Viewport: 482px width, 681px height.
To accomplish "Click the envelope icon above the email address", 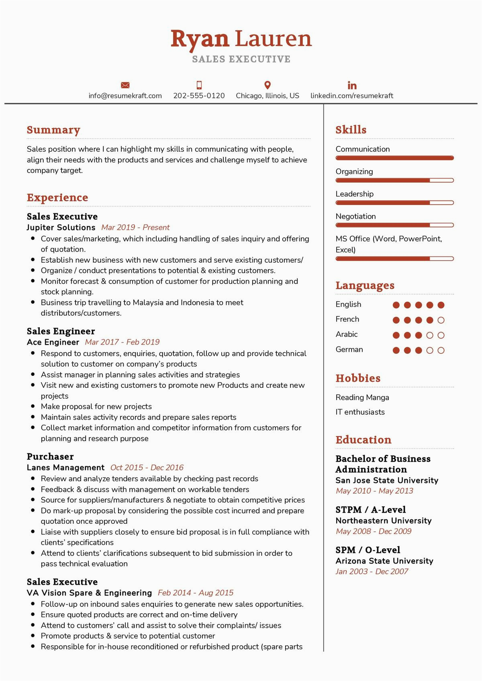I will pos(125,85).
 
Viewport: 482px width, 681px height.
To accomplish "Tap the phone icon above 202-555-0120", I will pos(199,85).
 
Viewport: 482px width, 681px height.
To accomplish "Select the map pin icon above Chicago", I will pos(268,85).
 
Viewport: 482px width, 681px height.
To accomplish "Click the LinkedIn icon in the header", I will pos(352,85).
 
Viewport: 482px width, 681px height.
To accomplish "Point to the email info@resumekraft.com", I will pos(125,96).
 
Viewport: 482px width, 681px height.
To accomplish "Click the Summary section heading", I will pos(53,130).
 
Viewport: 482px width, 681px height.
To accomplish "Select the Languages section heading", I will pos(365,286).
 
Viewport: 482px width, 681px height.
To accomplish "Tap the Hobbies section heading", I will pos(357,378).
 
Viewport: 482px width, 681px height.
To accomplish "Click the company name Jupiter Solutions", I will pos(61,227).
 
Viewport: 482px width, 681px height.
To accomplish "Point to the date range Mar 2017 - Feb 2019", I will pos(122,342).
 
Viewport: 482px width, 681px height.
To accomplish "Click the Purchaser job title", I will pos(50,456).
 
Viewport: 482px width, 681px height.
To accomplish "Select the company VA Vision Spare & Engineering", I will pos(89,593).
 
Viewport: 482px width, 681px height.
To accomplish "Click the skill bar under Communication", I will pos(394,158).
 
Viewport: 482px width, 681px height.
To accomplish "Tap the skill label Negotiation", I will pos(355,217).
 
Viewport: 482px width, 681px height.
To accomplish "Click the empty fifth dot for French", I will pos(441,320).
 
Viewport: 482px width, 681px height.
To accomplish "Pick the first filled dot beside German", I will pos(396,351).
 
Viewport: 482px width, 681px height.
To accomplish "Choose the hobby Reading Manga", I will pos(362,397).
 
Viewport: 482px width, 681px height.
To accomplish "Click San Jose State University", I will pos(387,480).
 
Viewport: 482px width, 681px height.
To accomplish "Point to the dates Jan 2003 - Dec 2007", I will pos(372,572).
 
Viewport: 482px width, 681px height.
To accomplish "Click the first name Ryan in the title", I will pos(200,39).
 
